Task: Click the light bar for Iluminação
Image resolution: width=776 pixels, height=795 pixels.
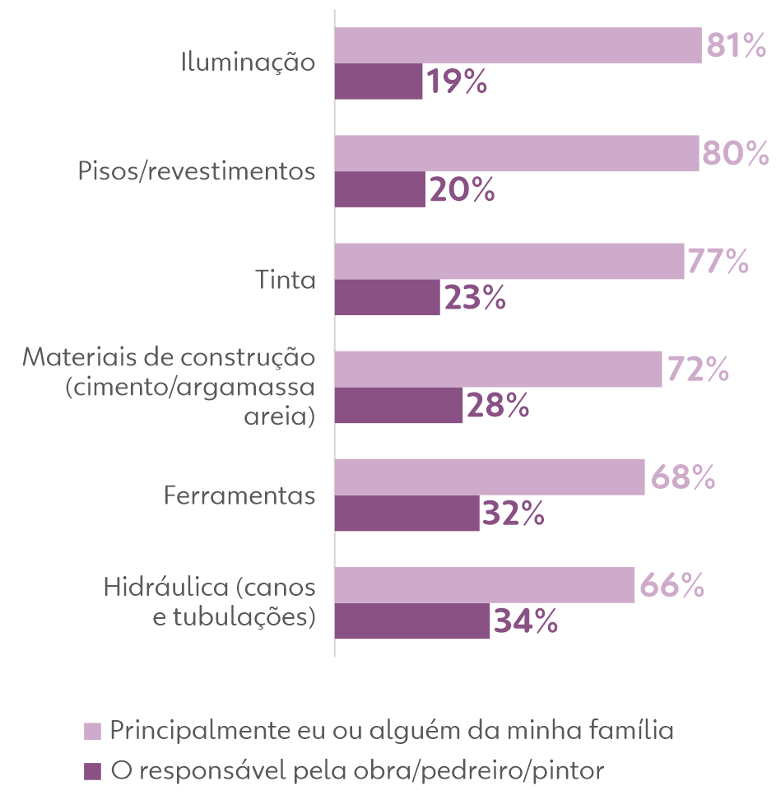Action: coord(518,46)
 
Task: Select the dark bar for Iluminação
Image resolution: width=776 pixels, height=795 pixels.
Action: coord(379,82)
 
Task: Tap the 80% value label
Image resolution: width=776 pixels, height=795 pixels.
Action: coord(734,154)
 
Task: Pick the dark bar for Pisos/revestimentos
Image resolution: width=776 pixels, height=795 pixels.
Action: coord(380,189)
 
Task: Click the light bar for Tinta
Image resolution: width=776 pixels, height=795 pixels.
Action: coord(509,262)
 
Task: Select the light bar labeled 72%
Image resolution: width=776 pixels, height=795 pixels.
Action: coord(499,370)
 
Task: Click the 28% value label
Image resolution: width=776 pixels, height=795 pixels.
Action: coord(497,406)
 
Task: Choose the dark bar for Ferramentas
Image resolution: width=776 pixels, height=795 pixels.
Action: coord(407,514)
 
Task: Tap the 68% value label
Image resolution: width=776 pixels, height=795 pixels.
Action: coord(682,478)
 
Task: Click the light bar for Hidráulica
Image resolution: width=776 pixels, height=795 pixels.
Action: coord(485,585)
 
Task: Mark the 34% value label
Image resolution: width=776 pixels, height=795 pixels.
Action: coord(526,621)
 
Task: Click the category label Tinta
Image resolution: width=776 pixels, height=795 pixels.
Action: coord(286,280)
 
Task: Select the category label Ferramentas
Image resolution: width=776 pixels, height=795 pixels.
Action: coord(239,496)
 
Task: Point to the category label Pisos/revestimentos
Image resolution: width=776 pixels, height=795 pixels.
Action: coord(197,172)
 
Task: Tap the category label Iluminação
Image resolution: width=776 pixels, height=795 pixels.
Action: coord(249,63)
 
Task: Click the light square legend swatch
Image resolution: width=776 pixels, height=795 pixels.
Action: coord(93,732)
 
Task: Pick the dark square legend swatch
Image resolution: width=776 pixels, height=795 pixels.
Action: coord(93,772)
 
